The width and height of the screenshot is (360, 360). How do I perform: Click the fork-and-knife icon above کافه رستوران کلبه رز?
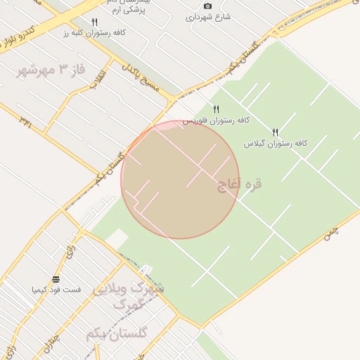pos(94,22)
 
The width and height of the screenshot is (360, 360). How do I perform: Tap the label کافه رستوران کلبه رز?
pos(94,33)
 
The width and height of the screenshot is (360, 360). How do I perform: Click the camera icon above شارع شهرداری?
pos(207,6)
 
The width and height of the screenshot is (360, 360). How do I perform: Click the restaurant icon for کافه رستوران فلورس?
pos(217,109)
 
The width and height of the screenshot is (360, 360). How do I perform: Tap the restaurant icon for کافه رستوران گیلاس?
pos(276,132)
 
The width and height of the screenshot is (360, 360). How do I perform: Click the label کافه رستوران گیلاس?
pos(276,143)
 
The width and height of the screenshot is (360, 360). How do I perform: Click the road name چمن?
pos(331,235)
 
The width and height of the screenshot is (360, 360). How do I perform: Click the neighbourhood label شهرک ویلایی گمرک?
pos(131,296)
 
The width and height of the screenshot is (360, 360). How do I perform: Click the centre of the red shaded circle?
pos(180,179)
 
